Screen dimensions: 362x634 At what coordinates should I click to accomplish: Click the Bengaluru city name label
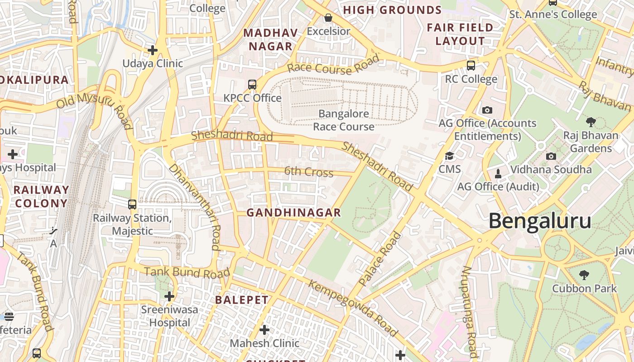click(x=540, y=221)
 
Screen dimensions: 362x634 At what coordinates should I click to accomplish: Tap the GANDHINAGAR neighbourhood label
click(x=293, y=213)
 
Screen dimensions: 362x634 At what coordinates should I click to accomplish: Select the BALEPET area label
click(x=242, y=300)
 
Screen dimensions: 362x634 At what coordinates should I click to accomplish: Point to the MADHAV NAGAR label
click(x=271, y=40)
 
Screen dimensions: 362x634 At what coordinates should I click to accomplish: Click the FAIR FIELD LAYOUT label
click(x=460, y=34)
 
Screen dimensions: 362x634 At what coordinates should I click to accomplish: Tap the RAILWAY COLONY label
click(x=41, y=196)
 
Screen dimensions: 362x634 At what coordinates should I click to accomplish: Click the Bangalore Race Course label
click(x=344, y=120)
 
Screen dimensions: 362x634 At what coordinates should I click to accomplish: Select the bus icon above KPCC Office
click(x=252, y=85)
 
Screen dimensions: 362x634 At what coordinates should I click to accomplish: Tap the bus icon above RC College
click(x=471, y=66)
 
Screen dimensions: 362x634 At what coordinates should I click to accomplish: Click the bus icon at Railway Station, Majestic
click(x=132, y=205)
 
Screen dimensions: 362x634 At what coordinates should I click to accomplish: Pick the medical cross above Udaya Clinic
click(x=153, y=50)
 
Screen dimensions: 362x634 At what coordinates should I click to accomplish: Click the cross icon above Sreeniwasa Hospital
click(x=169, y=297)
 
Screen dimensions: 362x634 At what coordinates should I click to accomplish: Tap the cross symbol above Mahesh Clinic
click(x=264, y=330)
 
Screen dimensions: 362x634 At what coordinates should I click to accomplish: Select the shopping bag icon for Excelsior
click(x=328, y=18)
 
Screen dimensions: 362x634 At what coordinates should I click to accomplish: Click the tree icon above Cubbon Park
click(x=584, y=275)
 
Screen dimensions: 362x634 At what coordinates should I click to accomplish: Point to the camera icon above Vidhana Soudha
click(x=551, y=157)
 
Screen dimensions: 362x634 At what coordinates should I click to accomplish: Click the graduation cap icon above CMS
click(x=449, y=156)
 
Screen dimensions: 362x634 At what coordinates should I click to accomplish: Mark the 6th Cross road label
click(x=309, y=172)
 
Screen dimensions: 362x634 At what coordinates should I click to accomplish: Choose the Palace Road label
click(x=380, y=259)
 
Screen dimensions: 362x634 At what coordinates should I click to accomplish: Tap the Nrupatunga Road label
click(x=469, y=312)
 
